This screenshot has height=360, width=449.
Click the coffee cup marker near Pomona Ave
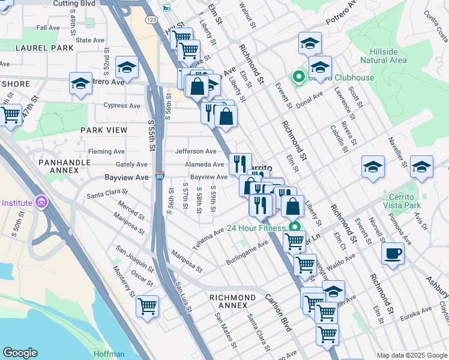coord(393,253)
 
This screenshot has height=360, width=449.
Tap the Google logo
coord(20,353)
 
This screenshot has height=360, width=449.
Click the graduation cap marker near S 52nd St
coord(127,68)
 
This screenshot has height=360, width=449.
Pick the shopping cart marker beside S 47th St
coord(11,115)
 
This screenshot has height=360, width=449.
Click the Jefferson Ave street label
coord(195,152)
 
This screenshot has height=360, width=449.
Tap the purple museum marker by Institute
coord(40,202)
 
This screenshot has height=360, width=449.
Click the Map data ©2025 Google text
coord(412,355)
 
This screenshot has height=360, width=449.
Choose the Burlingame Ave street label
coord(247,254)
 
